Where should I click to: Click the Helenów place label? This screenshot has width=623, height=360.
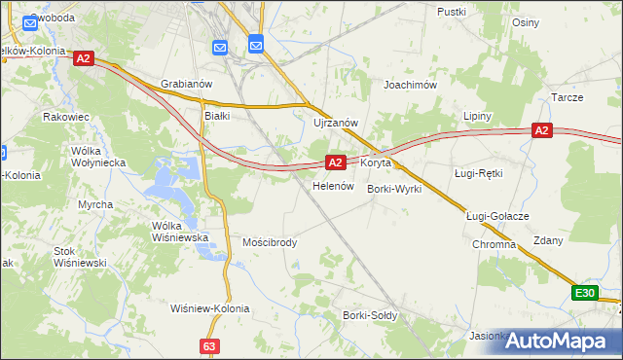click(x=331, y=186)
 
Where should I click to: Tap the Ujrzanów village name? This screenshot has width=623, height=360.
click(x=337, y=123)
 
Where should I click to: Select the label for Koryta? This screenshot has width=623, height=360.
click(x=376, y=163)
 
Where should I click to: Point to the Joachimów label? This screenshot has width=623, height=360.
click(x=410, y=85)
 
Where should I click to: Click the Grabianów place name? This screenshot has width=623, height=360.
click(x=186, y=85)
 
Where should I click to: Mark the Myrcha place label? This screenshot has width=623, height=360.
click(x=95, y=204)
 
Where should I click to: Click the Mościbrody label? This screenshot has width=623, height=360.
click(x=270, y=242)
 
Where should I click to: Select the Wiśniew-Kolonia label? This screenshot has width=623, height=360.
click(x=209, y=308)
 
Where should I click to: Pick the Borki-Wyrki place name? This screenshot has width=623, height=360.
click(x=394, y=189)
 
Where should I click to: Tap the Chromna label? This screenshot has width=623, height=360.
click(x=495, y=244)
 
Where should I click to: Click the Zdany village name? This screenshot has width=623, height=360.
click(x=547, y=240)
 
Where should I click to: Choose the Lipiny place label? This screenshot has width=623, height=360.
click(x=477, y=116)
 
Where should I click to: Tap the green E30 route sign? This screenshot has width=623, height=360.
click(x=584, y=293)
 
